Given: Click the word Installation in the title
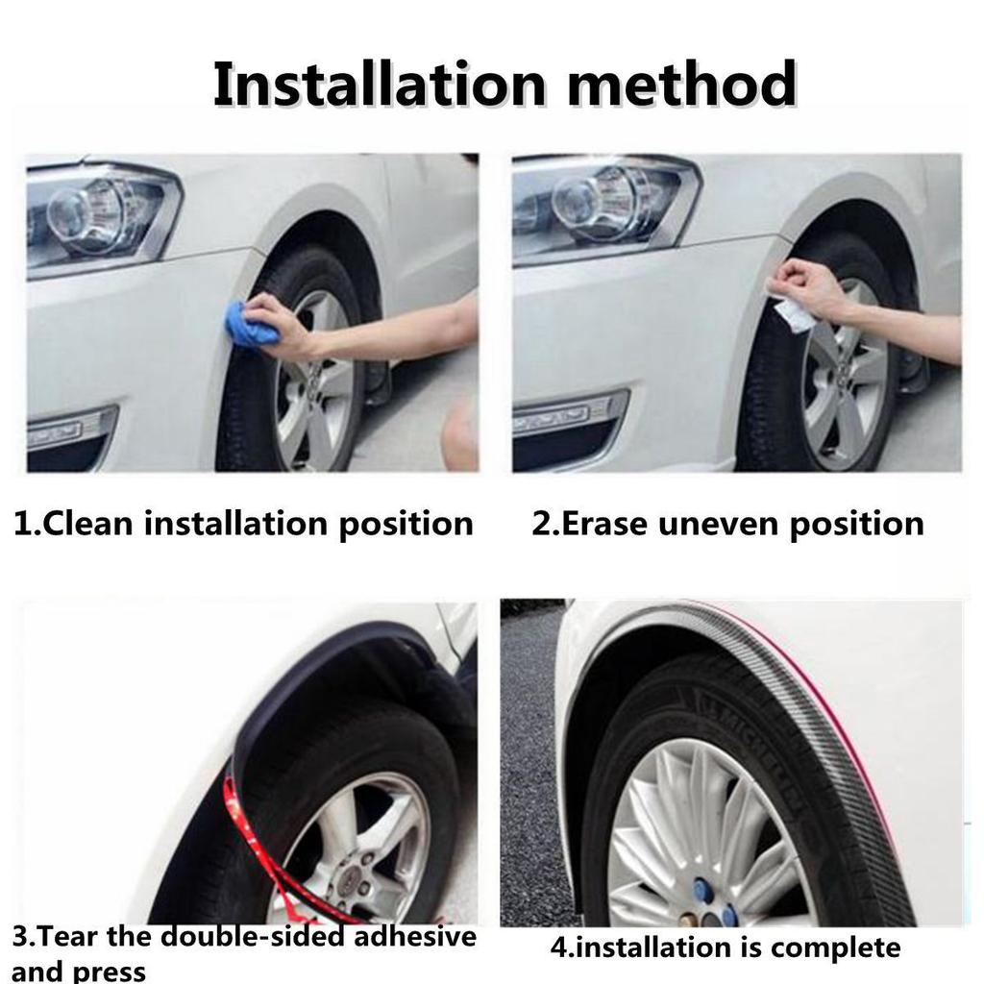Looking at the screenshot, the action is [380, 84].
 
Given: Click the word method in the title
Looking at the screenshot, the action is [682, 84].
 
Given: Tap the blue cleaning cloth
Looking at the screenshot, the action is [252, 325].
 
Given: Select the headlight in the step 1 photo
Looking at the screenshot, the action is [100, 216].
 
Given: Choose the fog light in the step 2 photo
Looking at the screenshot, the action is [568, 413].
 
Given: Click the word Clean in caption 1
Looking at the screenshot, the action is [87, 524].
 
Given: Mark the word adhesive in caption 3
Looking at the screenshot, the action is [415, 937].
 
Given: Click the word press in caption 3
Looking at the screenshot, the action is [110, 971].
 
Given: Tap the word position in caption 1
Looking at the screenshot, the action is [406, 525].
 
